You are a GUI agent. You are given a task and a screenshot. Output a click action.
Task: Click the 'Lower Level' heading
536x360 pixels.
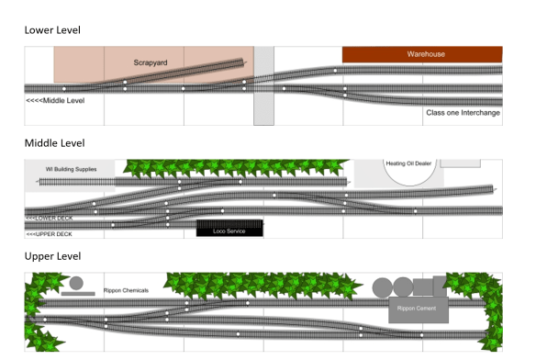point(52,30)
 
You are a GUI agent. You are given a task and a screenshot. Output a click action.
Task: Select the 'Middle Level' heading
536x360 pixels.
point(54,143)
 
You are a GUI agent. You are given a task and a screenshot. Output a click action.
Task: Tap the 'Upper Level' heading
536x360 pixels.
point(52,256)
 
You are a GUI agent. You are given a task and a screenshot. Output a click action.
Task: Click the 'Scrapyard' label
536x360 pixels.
point(150,62)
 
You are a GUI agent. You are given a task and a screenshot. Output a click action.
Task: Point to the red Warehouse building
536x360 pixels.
point(422,54)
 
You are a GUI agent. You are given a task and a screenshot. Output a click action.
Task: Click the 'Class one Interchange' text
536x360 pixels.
point(463,113)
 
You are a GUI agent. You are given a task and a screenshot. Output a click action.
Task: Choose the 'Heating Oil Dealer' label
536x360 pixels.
point(409,163)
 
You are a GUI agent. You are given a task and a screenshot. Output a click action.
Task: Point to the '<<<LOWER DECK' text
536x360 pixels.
point(50,218)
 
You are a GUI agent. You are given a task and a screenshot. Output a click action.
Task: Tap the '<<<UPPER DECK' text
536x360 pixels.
point(50,234)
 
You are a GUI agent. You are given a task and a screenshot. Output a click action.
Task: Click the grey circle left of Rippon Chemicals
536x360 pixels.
point(76,283)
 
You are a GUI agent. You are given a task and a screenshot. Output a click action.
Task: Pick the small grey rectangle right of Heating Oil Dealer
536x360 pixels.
point(460,163)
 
